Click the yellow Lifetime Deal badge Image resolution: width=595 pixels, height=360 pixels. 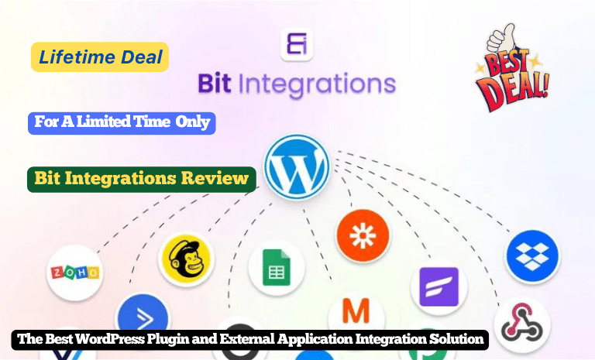click(x=99, y=57)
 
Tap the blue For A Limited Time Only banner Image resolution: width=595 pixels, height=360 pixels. click(x=121, y=122)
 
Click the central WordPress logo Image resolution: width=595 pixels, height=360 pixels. click(x=297, y=166)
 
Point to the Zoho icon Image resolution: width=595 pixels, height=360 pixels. click(x=74, y=273)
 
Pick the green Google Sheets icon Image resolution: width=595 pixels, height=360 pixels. click(x=276, y=270)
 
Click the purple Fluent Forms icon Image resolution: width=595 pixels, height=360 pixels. click(x=439, y=286)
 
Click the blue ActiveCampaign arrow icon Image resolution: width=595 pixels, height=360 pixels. click(x=142, y=317)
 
